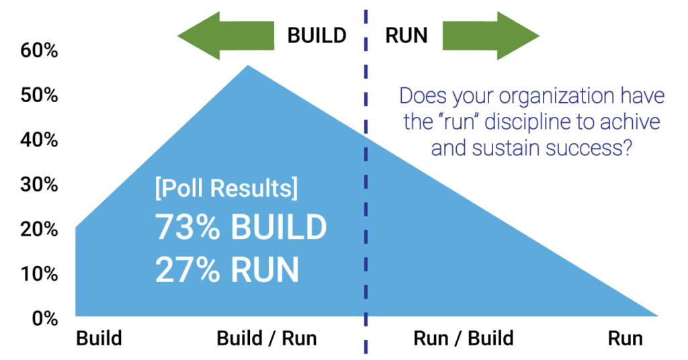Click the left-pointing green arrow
coord(224,35)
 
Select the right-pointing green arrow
coord(490,35)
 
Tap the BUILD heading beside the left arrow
coord(316,35)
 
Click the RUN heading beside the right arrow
coord(406,35)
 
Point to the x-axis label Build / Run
coord(266,338)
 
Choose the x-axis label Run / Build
coord(464,338)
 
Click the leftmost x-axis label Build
coord(99,338)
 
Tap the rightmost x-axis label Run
coord(625,338)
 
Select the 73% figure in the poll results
coord(187,228)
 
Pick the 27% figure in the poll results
coord(187,269)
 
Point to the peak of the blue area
coord(248,66)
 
